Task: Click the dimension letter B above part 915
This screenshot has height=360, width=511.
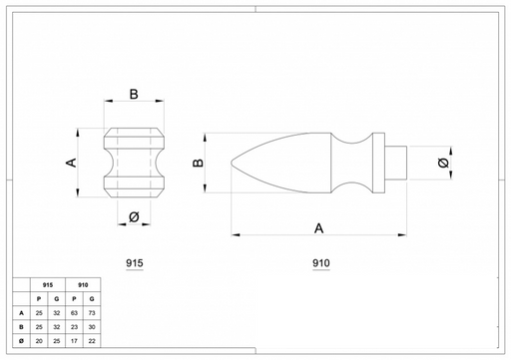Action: pos(134,94)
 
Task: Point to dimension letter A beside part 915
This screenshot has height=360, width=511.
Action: pos(72,163)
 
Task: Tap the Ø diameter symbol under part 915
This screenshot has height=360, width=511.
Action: pos(134,217)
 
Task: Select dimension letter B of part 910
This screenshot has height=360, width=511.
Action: pos(198,163)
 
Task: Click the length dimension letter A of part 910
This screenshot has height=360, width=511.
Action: pos(318,228)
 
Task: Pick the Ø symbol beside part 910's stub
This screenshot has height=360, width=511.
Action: pos(443,163)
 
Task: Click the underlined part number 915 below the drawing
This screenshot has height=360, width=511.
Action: pos(135,263)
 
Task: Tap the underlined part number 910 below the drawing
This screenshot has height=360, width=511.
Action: pos(321,263)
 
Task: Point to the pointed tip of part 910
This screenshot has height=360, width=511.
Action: pos(232,163)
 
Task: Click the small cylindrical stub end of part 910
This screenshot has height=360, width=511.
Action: pos(396,163)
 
